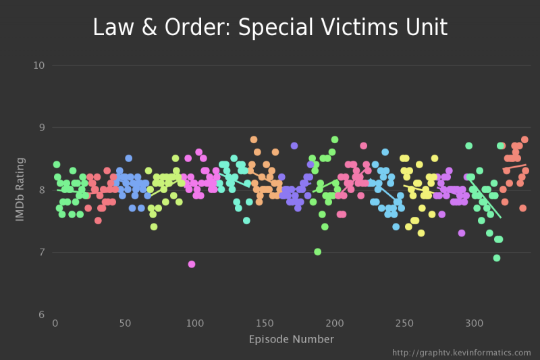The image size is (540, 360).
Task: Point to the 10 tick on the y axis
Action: [39, 66]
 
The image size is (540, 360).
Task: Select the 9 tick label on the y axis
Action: [42, 128]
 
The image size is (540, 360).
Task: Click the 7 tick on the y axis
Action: [42, 252]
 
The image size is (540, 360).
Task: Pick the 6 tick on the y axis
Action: [42, 314]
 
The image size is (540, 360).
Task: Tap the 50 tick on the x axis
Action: [125, 323]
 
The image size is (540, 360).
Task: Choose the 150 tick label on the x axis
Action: [265, 323]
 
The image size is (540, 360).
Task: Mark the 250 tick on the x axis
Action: [404, 323]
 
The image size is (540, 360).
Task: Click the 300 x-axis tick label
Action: [475, 323]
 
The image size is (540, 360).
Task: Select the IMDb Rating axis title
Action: [20, 189]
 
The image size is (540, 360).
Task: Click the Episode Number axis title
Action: [292, 339]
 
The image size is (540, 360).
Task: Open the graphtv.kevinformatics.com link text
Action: [462, 353]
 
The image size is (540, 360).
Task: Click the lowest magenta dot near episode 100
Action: [192, 264]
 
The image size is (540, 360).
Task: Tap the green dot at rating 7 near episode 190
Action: [317, 252]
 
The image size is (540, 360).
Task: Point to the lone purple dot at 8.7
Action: [294, 146]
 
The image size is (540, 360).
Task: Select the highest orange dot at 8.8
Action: [254, 140]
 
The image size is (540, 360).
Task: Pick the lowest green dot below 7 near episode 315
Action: [497, 258]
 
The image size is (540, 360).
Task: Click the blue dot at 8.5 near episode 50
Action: [129, 159]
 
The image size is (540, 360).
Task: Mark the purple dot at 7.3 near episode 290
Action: [462, 233]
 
